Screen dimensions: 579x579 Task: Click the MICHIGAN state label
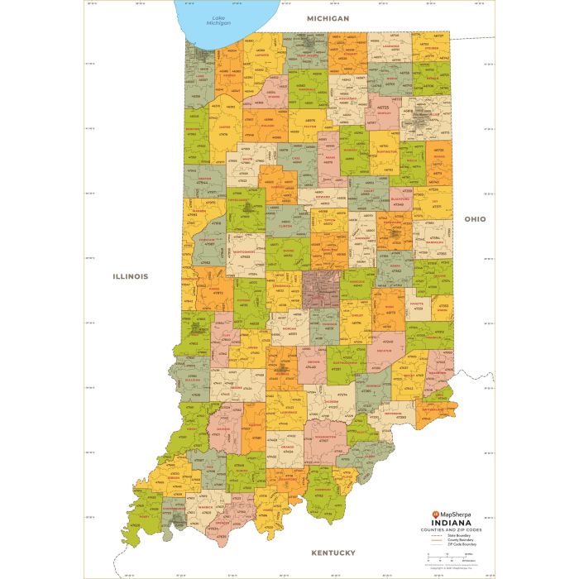328,17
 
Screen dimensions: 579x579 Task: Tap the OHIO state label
475,219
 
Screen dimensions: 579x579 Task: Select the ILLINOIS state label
131,276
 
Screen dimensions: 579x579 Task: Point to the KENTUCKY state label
333,553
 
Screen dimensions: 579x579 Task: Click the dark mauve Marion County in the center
322,289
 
